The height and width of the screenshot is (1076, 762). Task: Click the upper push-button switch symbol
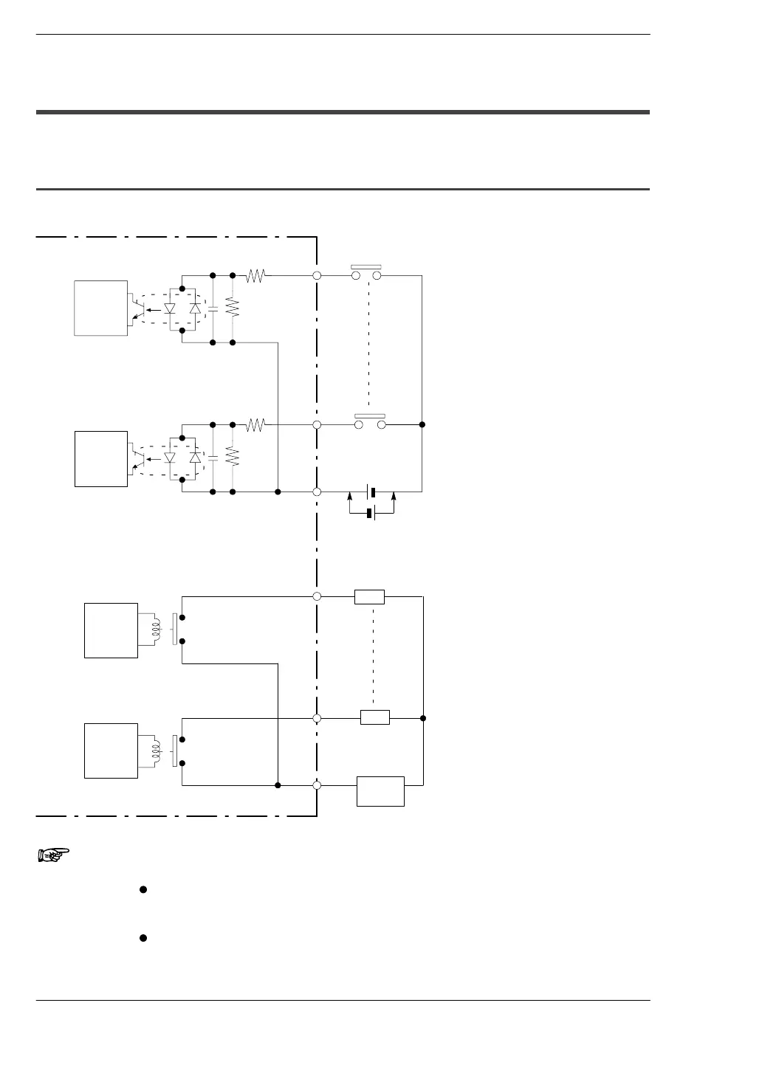click(366, 273)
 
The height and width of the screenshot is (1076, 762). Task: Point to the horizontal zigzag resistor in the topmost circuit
click(255, 275)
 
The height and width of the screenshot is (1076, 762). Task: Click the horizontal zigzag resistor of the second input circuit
click(255, 425)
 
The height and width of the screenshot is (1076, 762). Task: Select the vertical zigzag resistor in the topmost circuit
click(233, 308)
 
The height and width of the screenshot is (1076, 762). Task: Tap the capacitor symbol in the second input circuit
click(213, 458)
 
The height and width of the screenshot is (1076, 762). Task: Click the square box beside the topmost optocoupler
click(101, 308)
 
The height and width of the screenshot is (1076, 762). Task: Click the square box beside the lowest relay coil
click(111, 751)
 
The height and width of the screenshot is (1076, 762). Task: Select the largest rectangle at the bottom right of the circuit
click(380, 791)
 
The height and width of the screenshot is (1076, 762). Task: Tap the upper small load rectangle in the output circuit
click(369, 596)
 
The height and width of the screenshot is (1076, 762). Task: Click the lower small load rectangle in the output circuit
click(375, 717)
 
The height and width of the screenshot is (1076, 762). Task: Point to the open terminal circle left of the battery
click(317, 492)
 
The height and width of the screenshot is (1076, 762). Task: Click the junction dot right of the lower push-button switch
click(422, 425)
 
